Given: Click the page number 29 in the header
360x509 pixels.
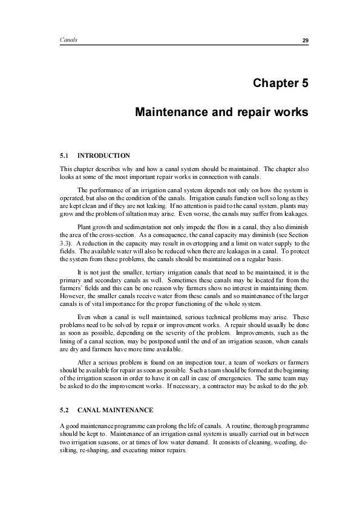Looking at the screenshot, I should click(x=306, y=40).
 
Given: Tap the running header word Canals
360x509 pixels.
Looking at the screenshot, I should click(x=68, y=40).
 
